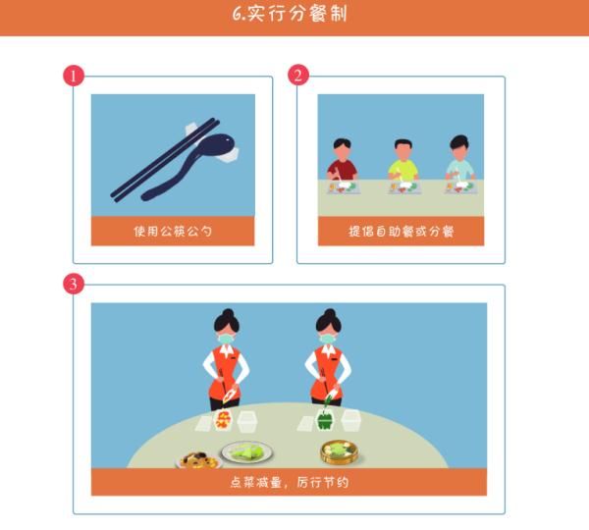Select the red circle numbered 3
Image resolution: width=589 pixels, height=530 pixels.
coord(73,285)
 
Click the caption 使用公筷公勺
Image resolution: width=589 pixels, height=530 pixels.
coord(173,232)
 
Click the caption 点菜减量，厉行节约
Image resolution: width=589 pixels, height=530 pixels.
coord(289,482)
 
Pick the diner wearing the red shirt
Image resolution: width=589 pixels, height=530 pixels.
coord(341,162)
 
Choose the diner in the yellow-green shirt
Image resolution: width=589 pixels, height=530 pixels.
coord(402,163)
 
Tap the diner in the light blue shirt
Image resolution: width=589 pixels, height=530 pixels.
coord(459,162)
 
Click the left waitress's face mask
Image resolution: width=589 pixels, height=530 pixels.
coord(227,339)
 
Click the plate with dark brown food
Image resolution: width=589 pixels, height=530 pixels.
coord(195,458)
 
